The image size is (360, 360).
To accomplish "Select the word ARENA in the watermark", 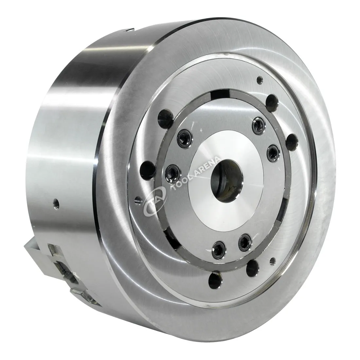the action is (x=207, y=166).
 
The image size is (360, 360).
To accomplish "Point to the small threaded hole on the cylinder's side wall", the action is (x=57, y=203).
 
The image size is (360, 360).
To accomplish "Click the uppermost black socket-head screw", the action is (x=259, y=124).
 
